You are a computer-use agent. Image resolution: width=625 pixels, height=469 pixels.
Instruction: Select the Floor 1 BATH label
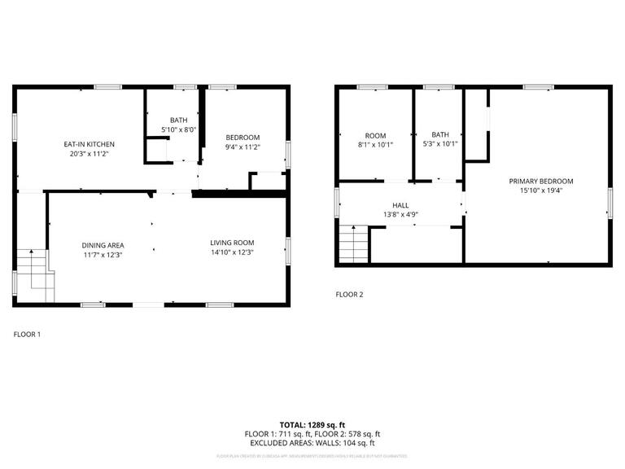[178, 120]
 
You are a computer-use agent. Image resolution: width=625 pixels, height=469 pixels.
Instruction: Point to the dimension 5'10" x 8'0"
[178, 129]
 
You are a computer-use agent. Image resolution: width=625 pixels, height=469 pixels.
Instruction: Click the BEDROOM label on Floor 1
[243, 137]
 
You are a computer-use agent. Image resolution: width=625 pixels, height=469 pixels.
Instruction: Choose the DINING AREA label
[102, 245]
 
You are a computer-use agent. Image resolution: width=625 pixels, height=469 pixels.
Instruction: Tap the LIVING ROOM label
[232, 242]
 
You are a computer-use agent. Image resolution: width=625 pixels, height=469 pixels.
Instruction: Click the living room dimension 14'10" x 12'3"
[232, 252]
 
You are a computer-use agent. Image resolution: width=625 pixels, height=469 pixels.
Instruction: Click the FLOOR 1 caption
[27, 334]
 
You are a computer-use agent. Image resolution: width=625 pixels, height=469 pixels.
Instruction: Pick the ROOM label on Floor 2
[375, 135]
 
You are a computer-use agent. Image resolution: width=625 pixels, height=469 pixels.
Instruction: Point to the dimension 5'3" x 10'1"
[440, 144]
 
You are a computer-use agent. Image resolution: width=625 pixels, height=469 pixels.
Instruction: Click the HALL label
[400, 206]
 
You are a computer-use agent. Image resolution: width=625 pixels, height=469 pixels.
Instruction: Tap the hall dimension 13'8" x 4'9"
[400, 215]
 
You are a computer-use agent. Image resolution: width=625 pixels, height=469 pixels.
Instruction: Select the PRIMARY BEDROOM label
[541, 181]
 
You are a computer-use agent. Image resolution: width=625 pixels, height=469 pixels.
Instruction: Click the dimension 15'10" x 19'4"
[541, 191]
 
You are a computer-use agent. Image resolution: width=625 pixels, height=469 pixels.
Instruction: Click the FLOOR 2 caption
[350, 294]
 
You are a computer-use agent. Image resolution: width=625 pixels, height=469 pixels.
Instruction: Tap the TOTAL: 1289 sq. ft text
[313, 424]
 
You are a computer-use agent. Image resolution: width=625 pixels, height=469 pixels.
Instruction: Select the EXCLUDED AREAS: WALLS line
[313, 443]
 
